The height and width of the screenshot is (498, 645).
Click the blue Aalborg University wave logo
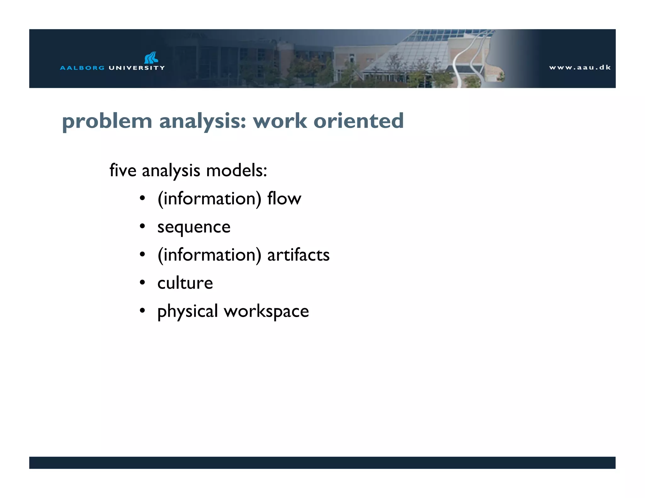pos(151,58)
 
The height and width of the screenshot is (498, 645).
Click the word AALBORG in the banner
pos(82,68)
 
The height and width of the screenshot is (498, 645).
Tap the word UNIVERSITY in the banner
pos(137,68)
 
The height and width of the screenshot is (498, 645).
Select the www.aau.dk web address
pos(580,67)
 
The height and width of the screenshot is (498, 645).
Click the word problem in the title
pos(107,121)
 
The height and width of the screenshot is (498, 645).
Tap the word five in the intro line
pos(123,170)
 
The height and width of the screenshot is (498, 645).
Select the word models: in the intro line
pos(237,170)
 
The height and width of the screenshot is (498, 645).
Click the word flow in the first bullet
pos(284,198)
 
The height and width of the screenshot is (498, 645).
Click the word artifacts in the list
pos(298,255)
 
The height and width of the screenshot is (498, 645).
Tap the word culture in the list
pos(185,283)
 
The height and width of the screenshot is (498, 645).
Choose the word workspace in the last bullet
pos(266,311)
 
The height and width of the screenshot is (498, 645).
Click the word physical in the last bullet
pos(188,311)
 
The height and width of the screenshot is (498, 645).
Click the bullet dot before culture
pos(142,282)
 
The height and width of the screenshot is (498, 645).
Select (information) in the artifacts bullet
pos(209,255)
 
